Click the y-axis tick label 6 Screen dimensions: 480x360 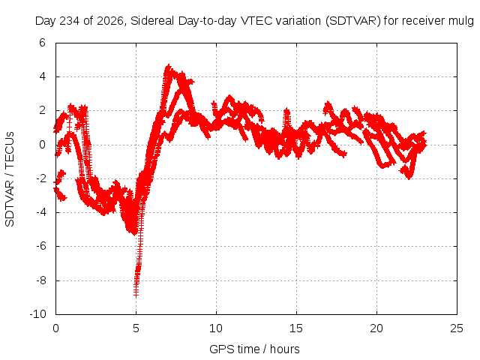(x=42, y=43)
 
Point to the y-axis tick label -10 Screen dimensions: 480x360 (x=37, y=314)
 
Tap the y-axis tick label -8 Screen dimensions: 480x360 (x=40, y=280)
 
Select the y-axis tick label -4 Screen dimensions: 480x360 (x=40, y=212)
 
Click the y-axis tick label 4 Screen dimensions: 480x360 (x=42, y=76)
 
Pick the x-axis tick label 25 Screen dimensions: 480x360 (x=457, y=328)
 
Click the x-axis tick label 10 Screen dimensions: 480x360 (x=216, y=328)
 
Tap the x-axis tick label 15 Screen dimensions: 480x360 (x=296, y=328)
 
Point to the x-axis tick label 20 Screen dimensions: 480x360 (x=376, y=328)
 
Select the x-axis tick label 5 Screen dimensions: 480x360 (x=136, y=328)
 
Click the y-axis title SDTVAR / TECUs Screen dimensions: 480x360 (x=10, y=179)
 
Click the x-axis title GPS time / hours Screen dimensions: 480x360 (x=254, y=349)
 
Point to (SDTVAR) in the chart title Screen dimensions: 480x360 (x=353, y=21)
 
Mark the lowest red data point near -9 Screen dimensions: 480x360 (x=136, y=294)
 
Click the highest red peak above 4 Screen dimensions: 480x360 (x=168, y=67)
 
